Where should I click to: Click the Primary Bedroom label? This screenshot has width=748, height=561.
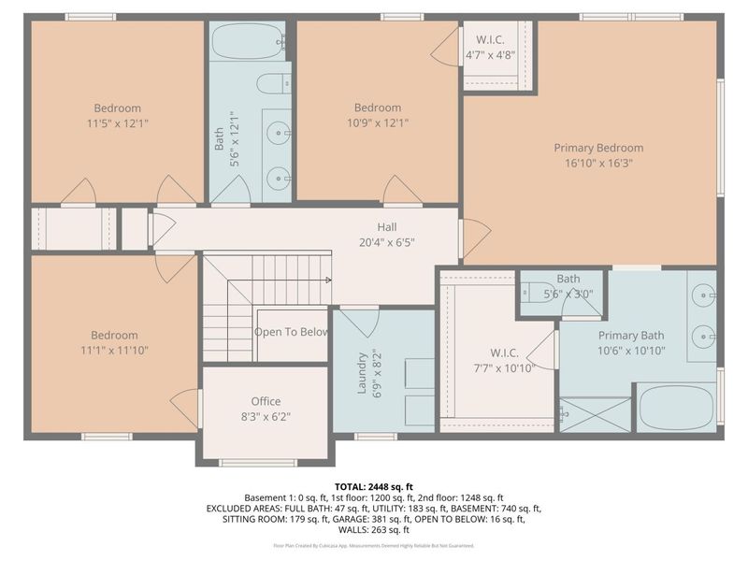[x=598, y=148]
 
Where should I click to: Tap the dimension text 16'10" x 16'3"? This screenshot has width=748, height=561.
[x=598, y=163]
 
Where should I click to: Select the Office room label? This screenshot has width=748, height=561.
[x=266, y=401]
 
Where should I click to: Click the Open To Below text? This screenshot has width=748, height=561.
[x=291, y=332]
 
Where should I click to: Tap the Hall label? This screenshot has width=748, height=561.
[x=387, y=226]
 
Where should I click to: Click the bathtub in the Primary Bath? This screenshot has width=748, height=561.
[x=676, y=407]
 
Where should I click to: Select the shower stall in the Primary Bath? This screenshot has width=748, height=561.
[x=595, y=414]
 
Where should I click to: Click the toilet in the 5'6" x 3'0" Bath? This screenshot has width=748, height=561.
[x=537, y=290]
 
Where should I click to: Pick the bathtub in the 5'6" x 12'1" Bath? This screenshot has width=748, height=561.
[x=249, y=41]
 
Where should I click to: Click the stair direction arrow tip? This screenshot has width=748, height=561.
[x=329, y=279]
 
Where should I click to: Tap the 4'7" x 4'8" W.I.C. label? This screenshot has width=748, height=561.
[x=492, y=48]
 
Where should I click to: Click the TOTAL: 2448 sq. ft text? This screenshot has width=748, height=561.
[x=374, y=486]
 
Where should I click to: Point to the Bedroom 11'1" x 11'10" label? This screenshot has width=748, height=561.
[x=114, y=342]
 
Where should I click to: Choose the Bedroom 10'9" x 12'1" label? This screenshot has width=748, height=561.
[x=378, y=115]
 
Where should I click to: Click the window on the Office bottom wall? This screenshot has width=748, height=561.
[x=257, y=462]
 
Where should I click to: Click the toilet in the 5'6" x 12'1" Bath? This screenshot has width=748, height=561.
[x=274, y=83]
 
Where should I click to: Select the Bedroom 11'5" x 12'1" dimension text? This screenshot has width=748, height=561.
[x=117, y=122]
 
